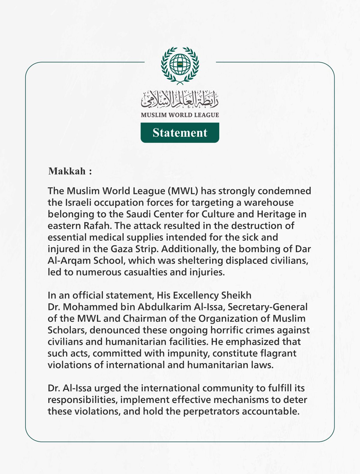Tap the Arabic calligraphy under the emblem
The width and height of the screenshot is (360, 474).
click(x=180, y=99)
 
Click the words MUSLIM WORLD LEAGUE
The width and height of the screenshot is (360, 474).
click(x=180, y=115)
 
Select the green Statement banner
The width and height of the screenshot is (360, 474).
click(x=180, y=133)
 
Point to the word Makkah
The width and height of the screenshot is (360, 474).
click(x=67, y=171)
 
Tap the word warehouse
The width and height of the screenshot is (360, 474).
click(x=268, y=203)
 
